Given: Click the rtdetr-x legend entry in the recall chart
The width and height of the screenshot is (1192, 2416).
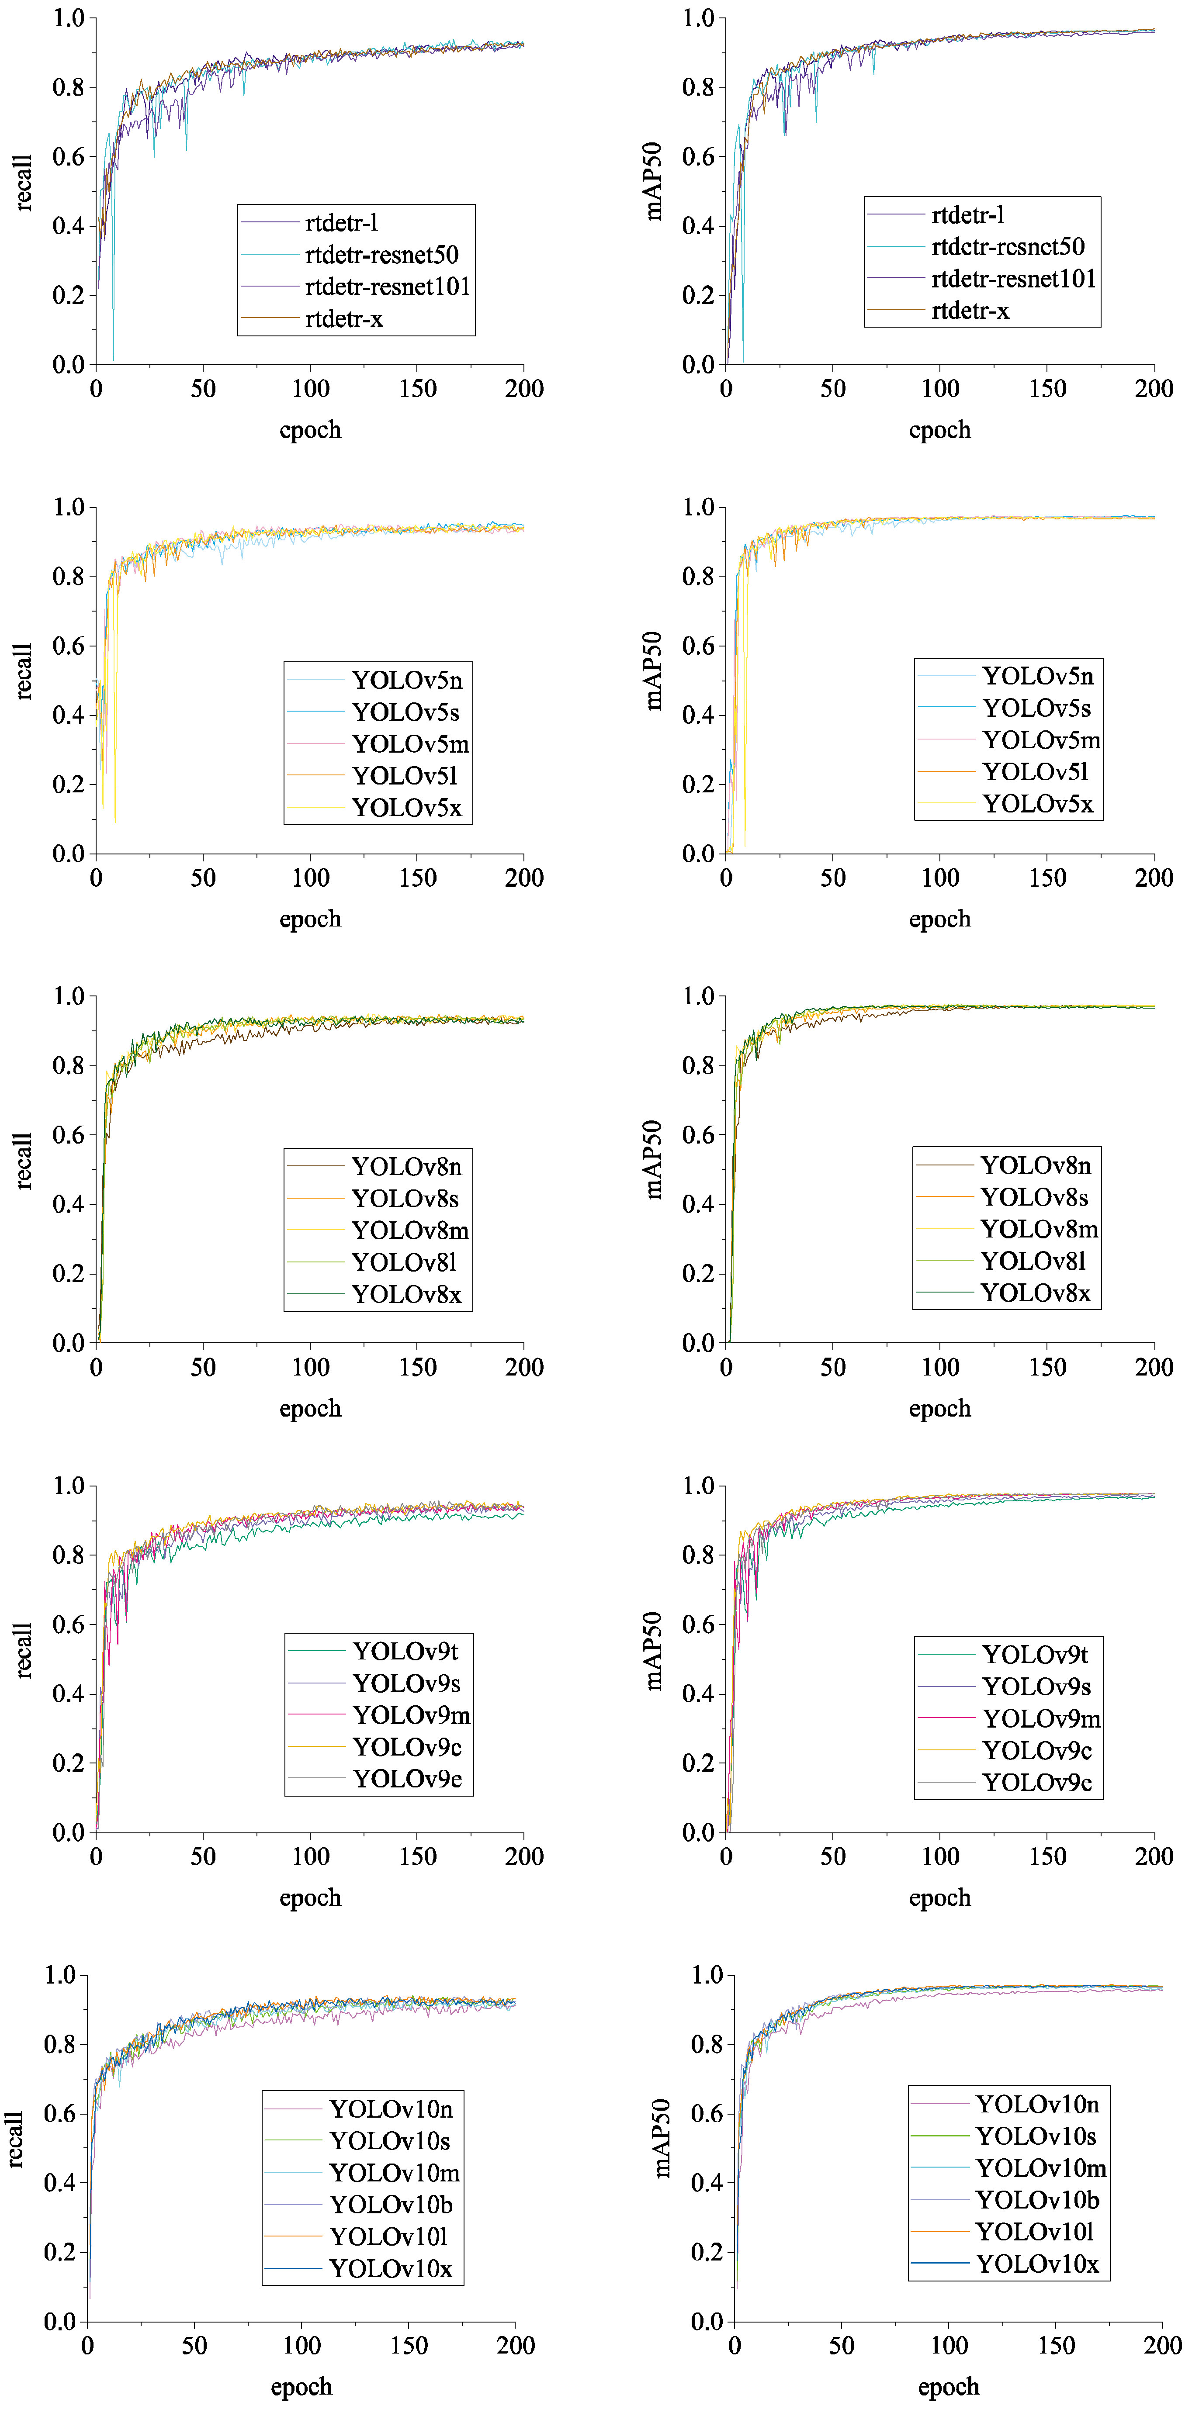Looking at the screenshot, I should point(343,319).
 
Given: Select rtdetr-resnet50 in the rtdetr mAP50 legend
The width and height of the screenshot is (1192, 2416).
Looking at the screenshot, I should point(1007,247).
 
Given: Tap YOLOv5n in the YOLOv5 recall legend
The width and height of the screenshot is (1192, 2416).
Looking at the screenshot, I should point(406,680).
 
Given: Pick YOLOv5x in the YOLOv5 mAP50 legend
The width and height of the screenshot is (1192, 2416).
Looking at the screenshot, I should point(1037,804).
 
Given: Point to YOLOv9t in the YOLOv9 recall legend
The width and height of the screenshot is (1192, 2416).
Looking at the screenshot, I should point(405,1651).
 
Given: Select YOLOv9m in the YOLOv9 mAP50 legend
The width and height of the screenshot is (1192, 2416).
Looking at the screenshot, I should point(1041,1718).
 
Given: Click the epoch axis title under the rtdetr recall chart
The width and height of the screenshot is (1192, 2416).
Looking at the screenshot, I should point(309,431).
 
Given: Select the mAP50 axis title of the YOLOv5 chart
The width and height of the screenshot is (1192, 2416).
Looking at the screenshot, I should point(654,671).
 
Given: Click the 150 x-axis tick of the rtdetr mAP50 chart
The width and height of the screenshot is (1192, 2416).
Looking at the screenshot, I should point(1046,388).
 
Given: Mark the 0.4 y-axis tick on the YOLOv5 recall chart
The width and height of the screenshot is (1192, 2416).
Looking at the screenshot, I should point(69,715).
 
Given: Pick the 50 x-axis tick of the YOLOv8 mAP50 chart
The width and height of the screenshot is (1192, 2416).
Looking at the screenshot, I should point(833,1366).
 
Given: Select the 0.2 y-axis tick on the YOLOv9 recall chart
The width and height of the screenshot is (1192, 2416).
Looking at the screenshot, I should point(69,1762).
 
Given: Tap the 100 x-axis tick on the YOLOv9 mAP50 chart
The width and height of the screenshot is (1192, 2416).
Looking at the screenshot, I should point(940,1856).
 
